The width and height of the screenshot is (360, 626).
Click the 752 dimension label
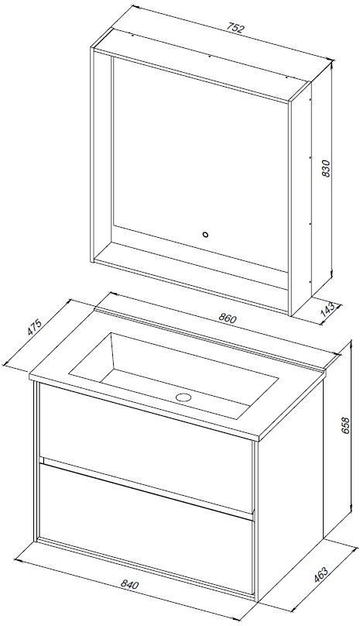(x=235, y=29)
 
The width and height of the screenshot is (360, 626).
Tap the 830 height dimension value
(x=326, y=168)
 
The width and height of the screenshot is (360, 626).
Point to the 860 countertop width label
(x=228, y=318)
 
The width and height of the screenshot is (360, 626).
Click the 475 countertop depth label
(x=34, y=328)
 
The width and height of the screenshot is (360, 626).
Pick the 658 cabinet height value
(x=345, y=425)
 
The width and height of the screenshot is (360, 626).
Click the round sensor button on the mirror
(x=205, y=235)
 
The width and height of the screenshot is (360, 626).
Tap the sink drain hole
(x=184, y=397)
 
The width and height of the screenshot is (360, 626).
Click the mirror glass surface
(x=200, y=160)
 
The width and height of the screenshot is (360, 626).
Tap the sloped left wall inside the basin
(x=93, y=356)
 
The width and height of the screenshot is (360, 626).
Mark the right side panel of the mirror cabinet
(x=301, y=201)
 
